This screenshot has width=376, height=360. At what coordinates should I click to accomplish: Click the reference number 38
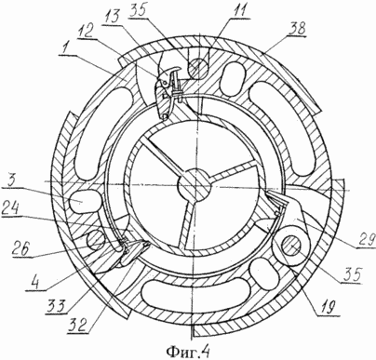point(297,29)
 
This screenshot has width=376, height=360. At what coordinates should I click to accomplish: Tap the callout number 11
point(237,11)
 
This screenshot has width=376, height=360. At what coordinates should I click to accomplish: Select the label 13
point(111,14)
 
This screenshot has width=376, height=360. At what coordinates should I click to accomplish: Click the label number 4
point(36,284)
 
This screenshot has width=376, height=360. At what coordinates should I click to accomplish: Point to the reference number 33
point(57,307)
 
